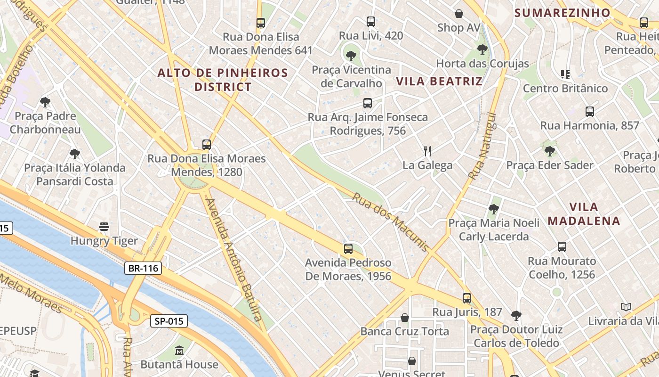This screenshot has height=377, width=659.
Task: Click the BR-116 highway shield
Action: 144,269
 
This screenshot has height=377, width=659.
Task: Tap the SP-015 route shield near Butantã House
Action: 169,321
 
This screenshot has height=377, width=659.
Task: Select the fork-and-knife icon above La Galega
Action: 427,151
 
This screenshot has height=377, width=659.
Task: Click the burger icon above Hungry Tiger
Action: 104,227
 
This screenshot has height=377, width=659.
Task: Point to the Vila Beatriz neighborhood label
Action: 439,81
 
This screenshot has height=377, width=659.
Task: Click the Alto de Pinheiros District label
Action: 223,80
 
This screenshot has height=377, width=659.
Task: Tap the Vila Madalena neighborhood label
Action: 584,213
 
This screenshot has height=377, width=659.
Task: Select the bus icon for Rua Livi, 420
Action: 371,22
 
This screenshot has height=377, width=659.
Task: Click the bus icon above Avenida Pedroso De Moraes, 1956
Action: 348,248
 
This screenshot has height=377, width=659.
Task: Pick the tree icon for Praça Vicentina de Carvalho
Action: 351,56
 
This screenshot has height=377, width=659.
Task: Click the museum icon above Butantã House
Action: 179,351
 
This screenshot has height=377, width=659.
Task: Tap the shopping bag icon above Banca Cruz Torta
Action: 404,317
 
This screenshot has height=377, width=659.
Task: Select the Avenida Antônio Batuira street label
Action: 234,260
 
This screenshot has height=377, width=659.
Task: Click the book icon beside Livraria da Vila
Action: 626,307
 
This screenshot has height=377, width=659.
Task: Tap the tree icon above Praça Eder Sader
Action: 549,151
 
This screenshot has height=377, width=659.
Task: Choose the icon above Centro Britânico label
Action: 565,74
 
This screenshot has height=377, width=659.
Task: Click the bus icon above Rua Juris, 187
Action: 467,298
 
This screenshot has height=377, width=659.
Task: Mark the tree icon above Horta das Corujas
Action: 482,49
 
